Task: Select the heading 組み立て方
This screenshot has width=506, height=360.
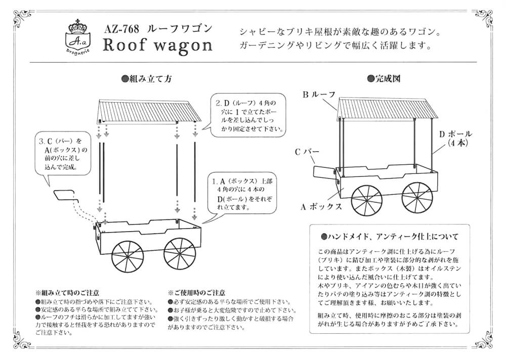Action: click(147, 79)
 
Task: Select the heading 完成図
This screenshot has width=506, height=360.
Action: click(388, 79)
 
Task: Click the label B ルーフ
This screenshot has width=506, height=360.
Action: click(318, 95)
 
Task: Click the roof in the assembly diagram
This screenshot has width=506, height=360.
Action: click(147, 110)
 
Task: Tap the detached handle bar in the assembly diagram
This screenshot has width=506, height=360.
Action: click(65, 195)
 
